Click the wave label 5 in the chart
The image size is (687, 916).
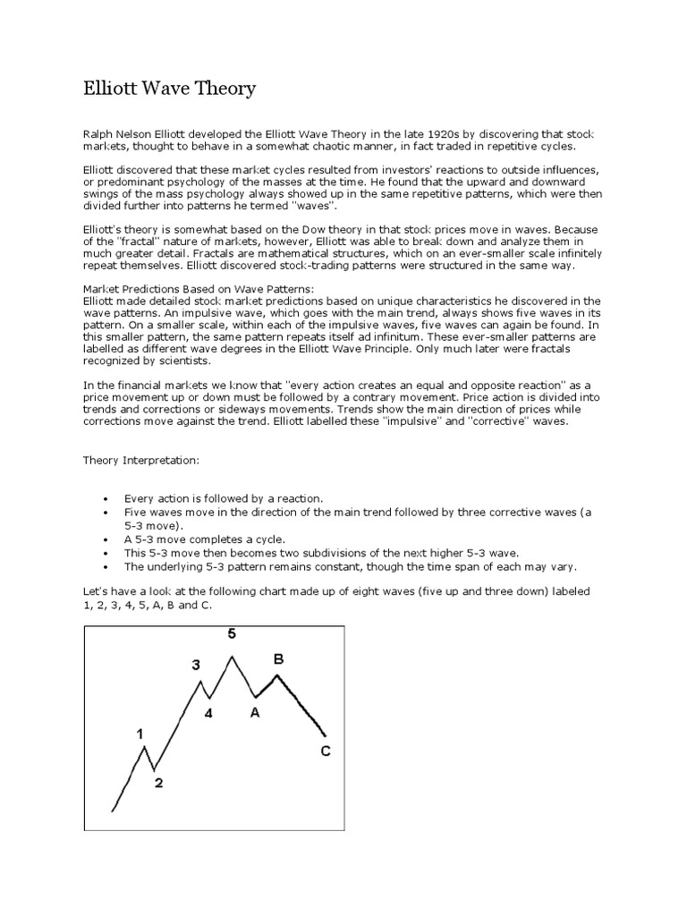(232, 634)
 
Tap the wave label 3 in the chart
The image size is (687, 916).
(197, 665)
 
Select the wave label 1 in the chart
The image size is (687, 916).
(140, 734)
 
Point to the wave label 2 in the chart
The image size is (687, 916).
(158, 784)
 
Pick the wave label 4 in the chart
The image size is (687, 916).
(208, 713)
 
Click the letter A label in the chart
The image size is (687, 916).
(255, 712)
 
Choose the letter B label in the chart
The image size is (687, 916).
(278, 658)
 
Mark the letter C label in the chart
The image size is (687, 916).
(326, 751)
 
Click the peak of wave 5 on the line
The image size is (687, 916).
(233, 657)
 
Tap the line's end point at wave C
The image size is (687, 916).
(327, 735)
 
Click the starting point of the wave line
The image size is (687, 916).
(113, 810)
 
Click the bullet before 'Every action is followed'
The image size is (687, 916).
(106, 497)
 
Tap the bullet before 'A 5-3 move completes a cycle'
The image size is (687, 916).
(106, 539)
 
